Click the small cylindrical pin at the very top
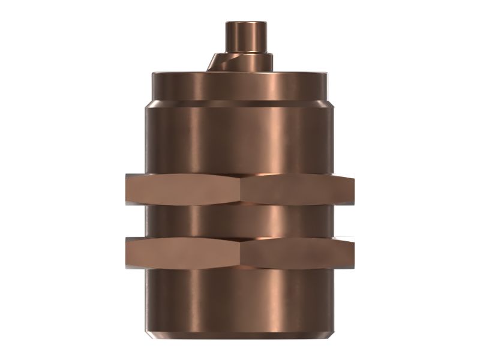[246, 36]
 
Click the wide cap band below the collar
[240, 86]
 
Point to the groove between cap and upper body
[240, 104]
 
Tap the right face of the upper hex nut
[297, 190]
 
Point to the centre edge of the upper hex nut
[241, 190]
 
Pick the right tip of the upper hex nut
[353, 190]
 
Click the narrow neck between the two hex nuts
[240, 221]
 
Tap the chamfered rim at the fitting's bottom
[240, 332]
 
